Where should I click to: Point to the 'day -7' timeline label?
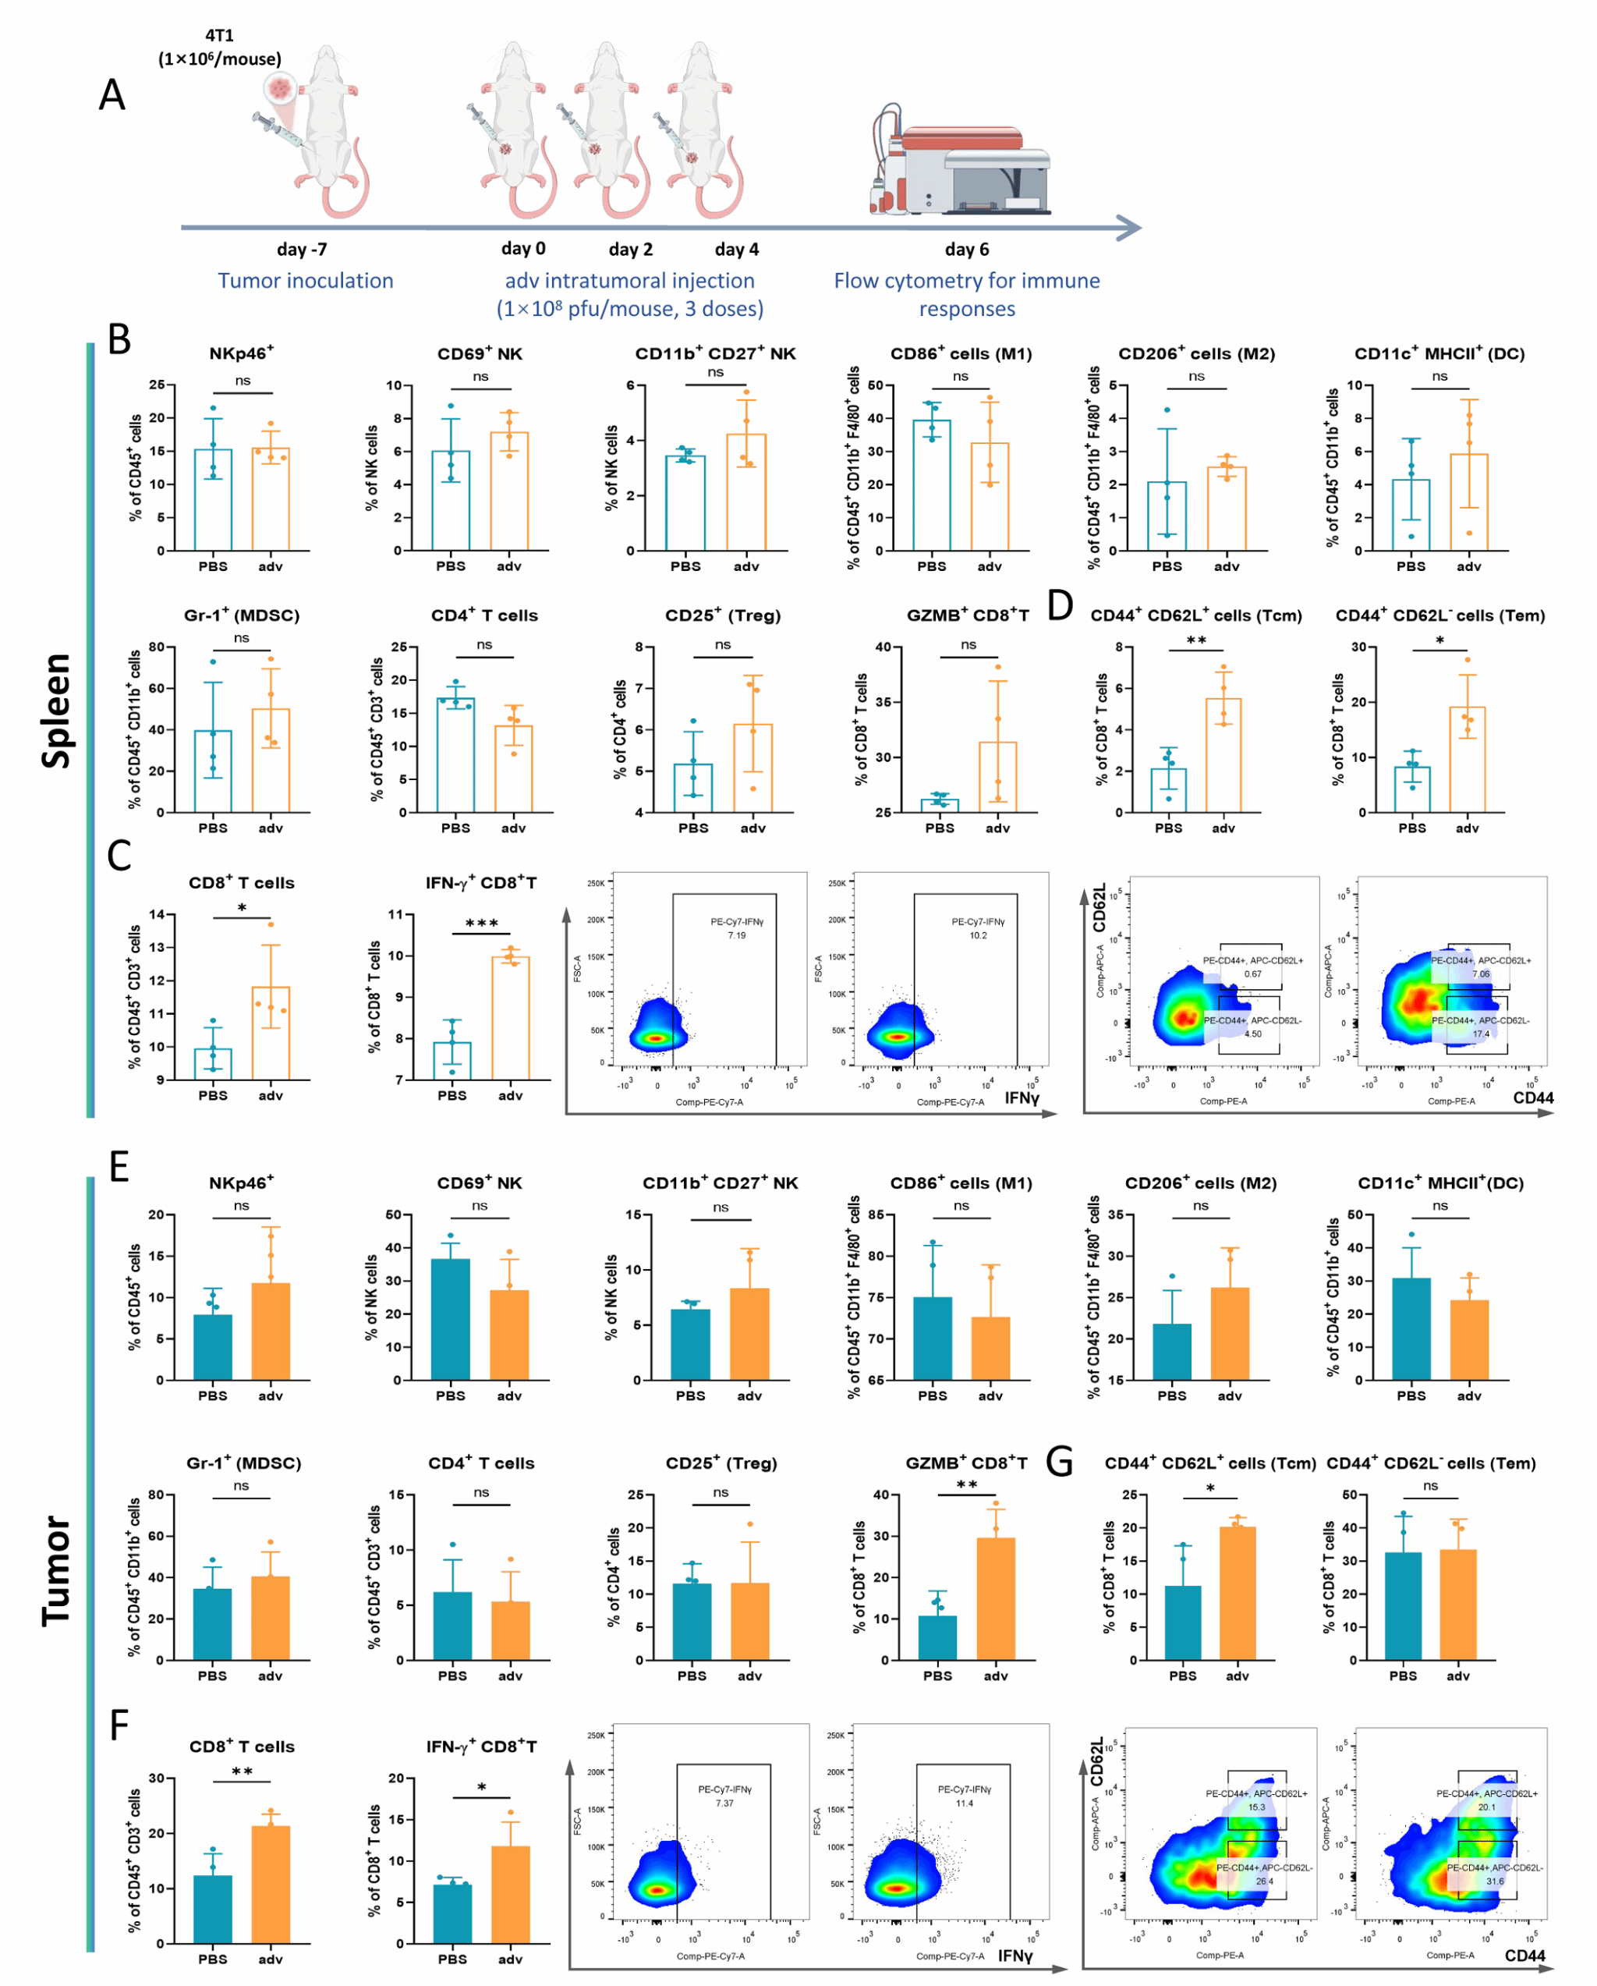click(301, 250)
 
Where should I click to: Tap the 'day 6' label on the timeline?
click(966, 250)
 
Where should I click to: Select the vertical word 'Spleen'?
click(57, 709)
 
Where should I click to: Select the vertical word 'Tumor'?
click(57, 1570)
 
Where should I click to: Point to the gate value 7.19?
click(737, 935)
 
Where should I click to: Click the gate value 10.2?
click(978, 935)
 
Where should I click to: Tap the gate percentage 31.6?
click(1494, 1881)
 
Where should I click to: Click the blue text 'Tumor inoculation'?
click(305, 281)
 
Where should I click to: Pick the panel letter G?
click(1060, 1462)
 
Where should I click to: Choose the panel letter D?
click(1060, 606)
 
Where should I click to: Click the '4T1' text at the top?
click(219, 36)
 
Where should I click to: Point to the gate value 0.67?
click(1252, 973)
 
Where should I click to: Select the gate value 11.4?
click(963, 1803)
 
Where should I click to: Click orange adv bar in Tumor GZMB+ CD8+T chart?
click(996, 1599)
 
